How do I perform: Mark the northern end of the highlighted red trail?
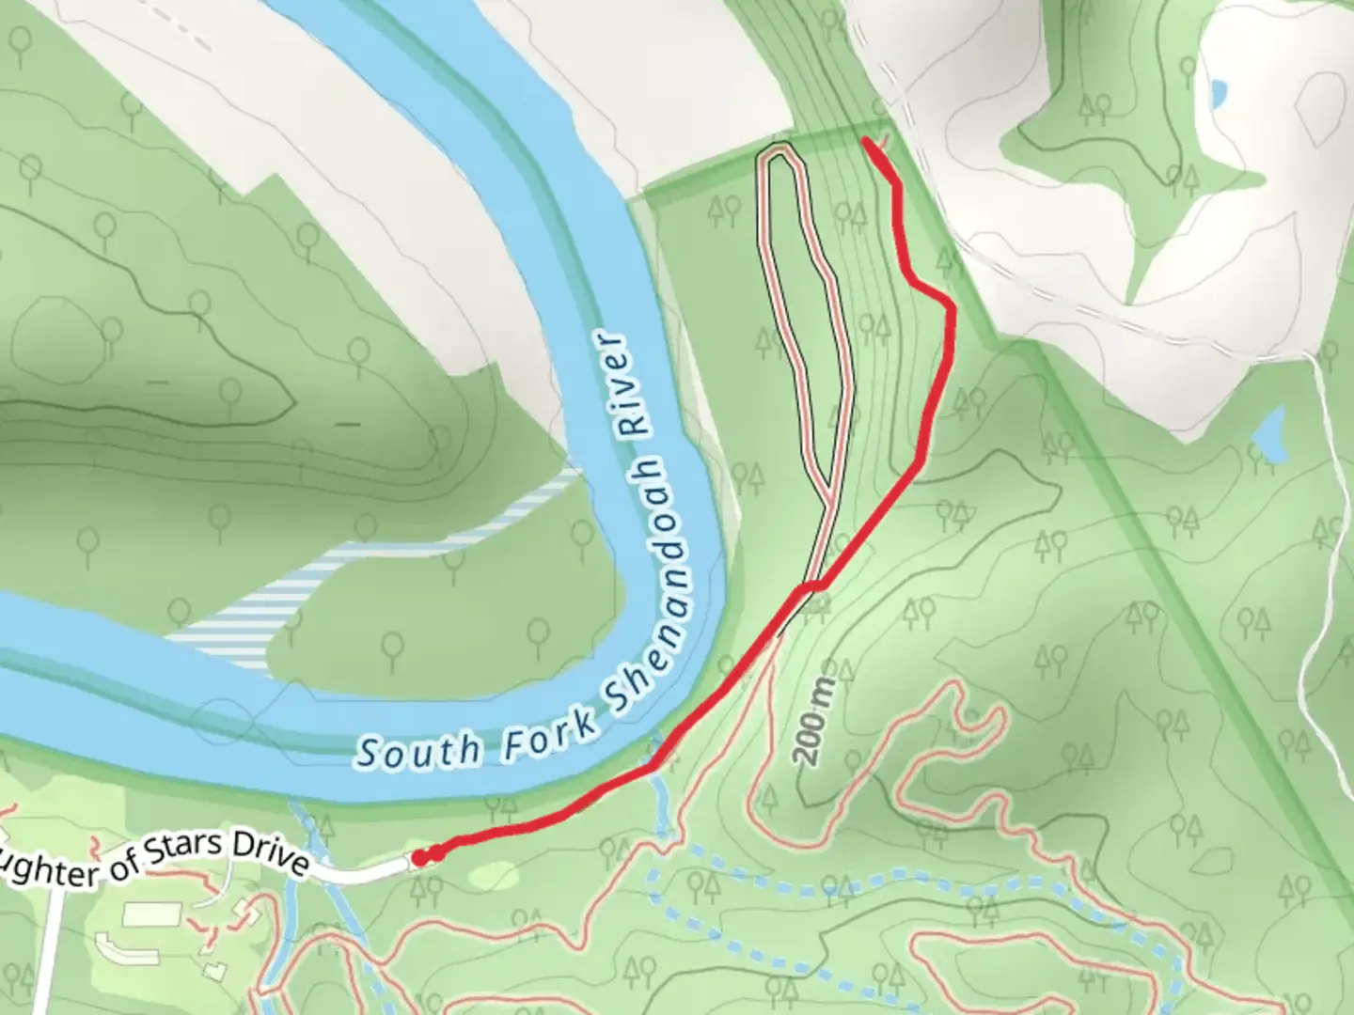point(867,143)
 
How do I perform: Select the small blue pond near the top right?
point(1218,92)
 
